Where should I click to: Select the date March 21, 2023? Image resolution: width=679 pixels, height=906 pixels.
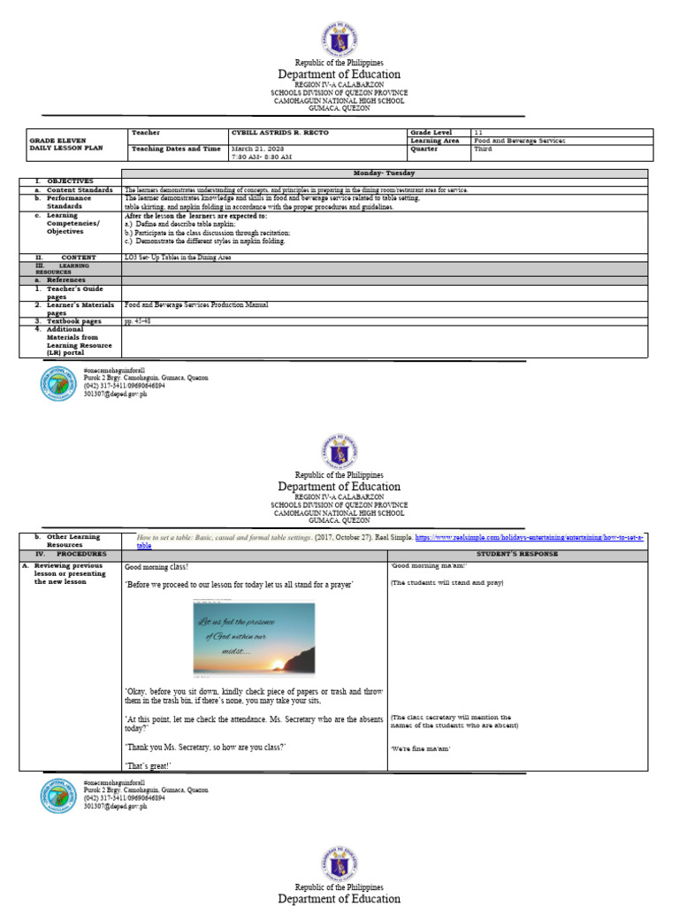(256, 149)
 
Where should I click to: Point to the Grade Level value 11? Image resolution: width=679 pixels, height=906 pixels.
(477, 132)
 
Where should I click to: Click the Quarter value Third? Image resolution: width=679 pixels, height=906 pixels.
(483, 149)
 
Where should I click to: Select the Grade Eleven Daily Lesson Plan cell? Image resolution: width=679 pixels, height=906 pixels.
(58, 144)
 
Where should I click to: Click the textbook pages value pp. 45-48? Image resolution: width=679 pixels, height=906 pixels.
(138, 321)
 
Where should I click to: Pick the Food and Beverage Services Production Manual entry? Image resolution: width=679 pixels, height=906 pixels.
(196, 304)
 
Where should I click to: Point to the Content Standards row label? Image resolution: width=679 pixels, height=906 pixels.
(79, 189)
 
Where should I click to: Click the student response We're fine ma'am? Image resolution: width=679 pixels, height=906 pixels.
(421, 749)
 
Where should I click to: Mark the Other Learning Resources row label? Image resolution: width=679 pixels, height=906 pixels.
(74, 541)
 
